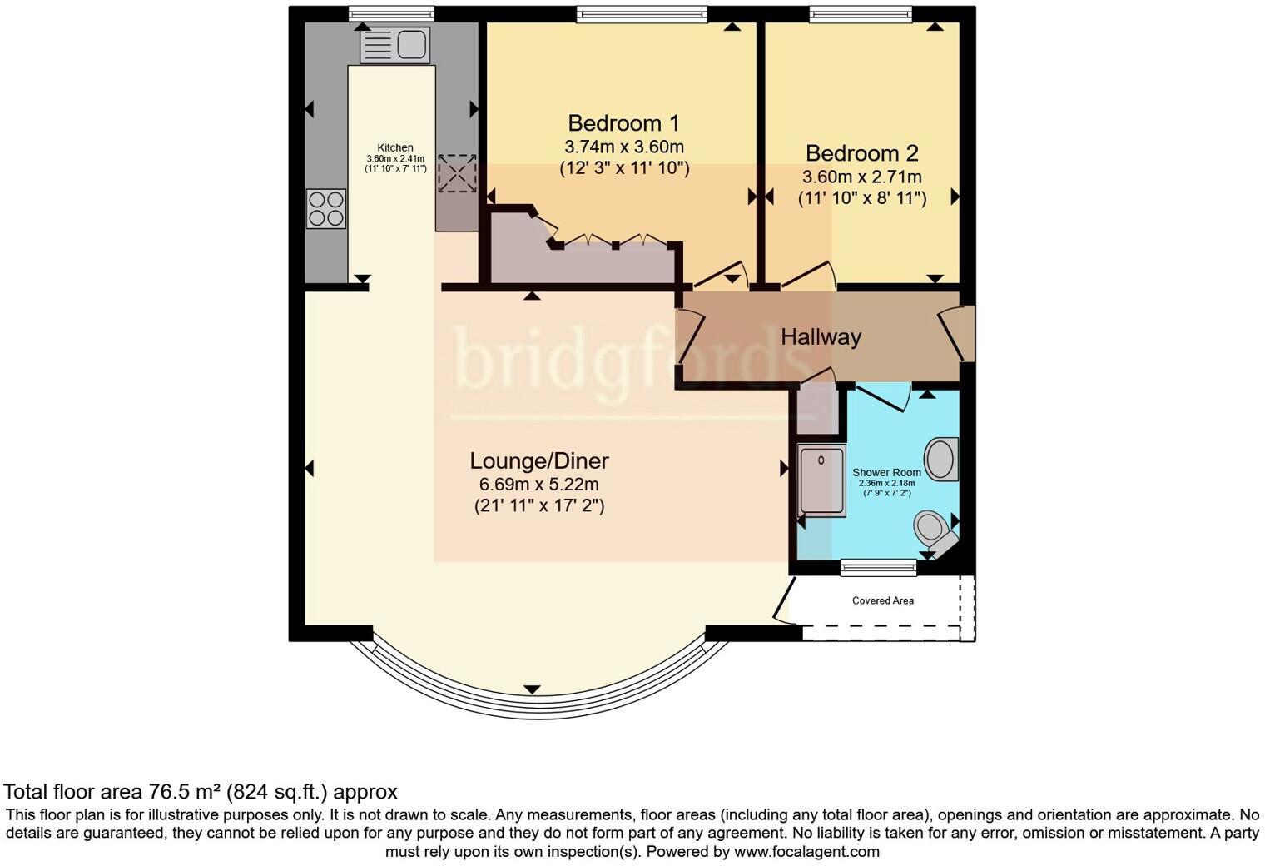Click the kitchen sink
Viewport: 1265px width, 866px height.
(x=394, y=44)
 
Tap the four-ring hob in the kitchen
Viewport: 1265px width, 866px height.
(x=326, y=208)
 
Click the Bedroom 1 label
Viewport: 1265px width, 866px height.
(x=623, y=123)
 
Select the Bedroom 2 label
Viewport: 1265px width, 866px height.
(x=861, y=153)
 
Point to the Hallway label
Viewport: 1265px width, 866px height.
(x=821, y=337)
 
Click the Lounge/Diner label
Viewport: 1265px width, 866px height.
(x=539, y=460)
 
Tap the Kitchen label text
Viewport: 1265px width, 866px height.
(x=395, y=147)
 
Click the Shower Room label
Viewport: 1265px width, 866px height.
(x=886, y=472)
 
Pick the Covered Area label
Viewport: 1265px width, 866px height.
(x=882, y=600)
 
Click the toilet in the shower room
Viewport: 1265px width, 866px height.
(x=932, y=529)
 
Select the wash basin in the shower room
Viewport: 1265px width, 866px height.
(x=941, y=459)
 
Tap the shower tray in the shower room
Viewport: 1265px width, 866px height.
(x=821, y=480)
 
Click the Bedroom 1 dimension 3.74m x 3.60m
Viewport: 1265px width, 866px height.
(x=624, y=147)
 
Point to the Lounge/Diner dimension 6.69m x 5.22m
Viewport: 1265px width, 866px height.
(x=539, y=485)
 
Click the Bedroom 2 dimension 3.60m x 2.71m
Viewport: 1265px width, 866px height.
(x=861, y=177)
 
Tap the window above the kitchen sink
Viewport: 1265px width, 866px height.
(x=391, y=12)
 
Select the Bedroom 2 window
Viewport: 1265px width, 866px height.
(x=861, y=12)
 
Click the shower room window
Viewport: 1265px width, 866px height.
(x=878, y=568)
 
